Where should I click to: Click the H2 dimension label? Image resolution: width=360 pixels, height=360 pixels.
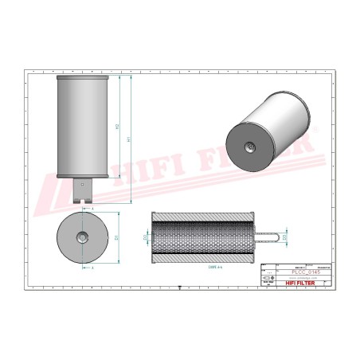tap(118, 126)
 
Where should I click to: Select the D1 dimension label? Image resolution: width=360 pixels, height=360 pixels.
tap(118, 237)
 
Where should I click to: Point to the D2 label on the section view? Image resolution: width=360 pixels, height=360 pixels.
tap(145, 237)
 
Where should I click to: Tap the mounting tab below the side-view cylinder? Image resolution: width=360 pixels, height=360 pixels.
tap(83, 188)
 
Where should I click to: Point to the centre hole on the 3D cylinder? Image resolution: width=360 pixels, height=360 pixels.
tap(248, 146)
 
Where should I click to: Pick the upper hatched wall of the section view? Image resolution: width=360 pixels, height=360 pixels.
tap(206, 216)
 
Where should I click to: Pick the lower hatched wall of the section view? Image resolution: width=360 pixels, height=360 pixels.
tap(206, 258)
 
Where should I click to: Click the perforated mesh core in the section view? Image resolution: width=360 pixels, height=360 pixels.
tap(206, 237)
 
